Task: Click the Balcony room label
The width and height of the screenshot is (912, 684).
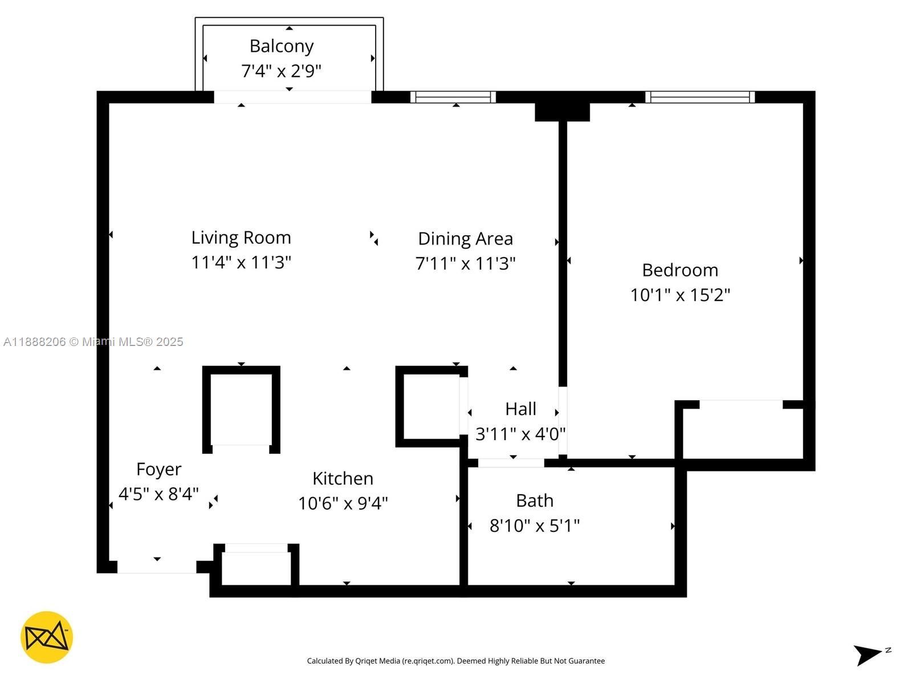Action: (x=282, y=46)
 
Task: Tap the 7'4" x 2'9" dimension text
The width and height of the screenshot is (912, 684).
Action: (x=281, y=71)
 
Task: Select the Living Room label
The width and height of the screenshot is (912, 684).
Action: (x=241, y=237)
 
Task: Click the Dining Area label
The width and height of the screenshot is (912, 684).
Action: (x=465, y=238)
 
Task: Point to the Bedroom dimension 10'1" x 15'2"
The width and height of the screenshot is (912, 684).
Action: (x=680, y=295)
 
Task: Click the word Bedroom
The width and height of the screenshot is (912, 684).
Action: (x=680, y=270)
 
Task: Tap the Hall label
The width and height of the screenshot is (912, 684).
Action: (x=520, y=409)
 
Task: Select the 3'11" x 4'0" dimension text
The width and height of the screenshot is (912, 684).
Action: (x=520, y=434)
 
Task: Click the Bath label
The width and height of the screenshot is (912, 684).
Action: (x=535, y=500)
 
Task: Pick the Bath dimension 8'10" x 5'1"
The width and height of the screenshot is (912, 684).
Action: (x=535, y=525)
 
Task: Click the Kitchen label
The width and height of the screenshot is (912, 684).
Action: (x=343, y=478)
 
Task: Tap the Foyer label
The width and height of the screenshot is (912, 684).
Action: (x=158, y=469)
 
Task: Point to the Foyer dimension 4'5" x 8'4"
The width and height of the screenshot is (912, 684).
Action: (x=158, y=494)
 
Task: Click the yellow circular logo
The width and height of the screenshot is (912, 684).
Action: (x=47, y=637)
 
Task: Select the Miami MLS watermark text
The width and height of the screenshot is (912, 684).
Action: (x=93, y=342)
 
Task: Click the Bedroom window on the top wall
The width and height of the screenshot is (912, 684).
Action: (x=700, y=97)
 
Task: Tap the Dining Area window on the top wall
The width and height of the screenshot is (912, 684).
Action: (x=453, y=97)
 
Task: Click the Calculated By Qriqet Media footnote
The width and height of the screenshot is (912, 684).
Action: (x=455, y=661)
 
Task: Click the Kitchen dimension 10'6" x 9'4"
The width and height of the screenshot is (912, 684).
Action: (x=343, y=503)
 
